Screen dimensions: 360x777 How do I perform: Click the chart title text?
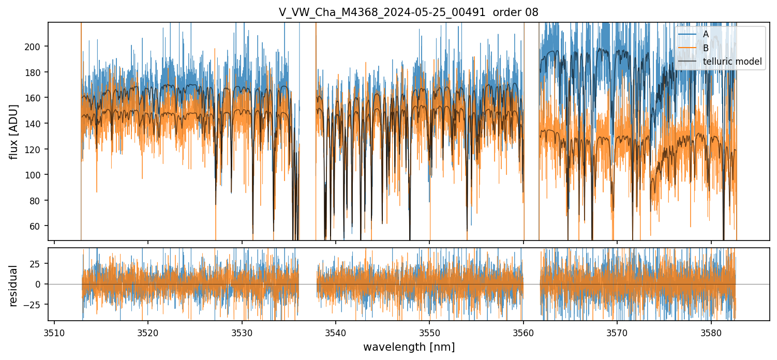click(x=409, y=12)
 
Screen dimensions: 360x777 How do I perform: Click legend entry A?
click(x=706, y=34)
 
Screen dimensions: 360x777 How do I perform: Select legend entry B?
click(x=706, y=48)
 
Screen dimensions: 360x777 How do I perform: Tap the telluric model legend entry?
click(x=732, y=62)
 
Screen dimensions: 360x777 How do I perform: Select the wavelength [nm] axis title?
click(x=409, y=347)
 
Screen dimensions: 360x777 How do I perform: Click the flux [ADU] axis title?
click(x=13, y=131)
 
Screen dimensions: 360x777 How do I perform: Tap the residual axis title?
click(x=13, y=286)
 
